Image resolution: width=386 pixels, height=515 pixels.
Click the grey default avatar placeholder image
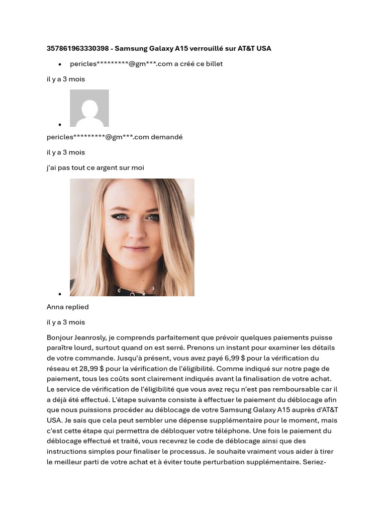[x=89, y=108]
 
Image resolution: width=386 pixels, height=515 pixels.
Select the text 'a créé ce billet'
[x=198, y=64]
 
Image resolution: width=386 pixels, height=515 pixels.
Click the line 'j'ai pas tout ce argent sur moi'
[x=95, y=168]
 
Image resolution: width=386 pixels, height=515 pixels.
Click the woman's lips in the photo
[x=136, y=248]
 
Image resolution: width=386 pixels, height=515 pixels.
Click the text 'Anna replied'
[x=67, y=307]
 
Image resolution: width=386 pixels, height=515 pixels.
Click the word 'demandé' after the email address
[x=167, y=137]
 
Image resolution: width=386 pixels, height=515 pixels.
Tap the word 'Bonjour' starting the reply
[x=60, y=338]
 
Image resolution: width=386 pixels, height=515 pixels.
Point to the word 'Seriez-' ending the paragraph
[x=315, y=462]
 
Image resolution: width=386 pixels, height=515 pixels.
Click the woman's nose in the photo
[x=134, y=230]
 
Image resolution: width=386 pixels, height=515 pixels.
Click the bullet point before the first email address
[x=60, y=64]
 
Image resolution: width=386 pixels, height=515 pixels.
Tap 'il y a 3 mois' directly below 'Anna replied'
[x=66, y=322]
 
